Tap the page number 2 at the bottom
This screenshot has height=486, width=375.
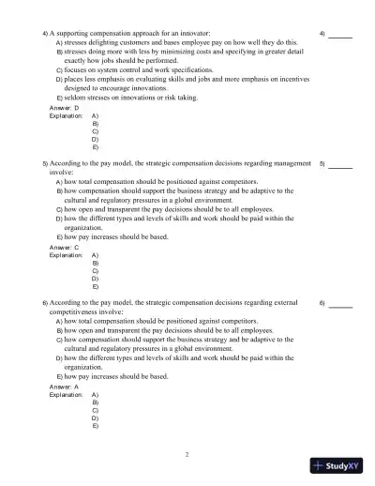pyautogui.click(x=187, y=455)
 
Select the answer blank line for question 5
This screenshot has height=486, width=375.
pyautogui.click(x=340, y=166)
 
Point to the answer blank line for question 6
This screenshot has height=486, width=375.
pyautogui.click(x=340, y=307)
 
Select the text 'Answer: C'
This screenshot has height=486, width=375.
pyautogui.click(x=64, y=247)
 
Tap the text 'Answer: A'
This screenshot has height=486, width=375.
pyautogui.click(x=64, y=386)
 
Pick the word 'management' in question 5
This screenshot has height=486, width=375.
pyautogui.click(x=290, y=163)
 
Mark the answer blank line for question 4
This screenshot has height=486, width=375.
pyautogui.click(x=340, y=37)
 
